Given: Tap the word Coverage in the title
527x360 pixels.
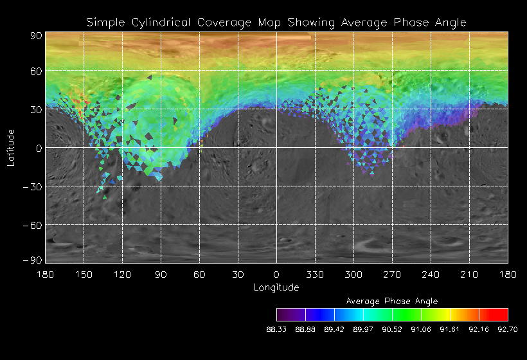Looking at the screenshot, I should pos(223,22).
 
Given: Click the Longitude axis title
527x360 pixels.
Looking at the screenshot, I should pos(276,287).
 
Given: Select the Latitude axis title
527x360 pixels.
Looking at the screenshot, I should pos(11,147).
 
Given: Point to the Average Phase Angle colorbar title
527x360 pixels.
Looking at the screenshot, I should pos(392,301).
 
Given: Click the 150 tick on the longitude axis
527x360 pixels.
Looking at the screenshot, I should pos(84,274).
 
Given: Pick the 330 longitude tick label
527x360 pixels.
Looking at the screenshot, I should pos(315,274).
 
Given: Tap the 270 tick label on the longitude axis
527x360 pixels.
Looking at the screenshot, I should pos(392,274).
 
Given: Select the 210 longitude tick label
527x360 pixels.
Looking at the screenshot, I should pos(469,274).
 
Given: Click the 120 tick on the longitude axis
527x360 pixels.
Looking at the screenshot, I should pos(122,274).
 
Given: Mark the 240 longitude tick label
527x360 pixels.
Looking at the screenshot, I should pos(431,274).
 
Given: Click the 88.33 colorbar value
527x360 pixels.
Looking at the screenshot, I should pos(276,329).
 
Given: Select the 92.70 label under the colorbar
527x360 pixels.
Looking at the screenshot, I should pos(508,329).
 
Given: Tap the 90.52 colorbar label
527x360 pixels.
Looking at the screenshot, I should pos(392,329).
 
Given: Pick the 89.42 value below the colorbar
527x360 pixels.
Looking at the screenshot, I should pos(334,329).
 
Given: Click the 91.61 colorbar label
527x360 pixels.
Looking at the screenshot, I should pos(450,329).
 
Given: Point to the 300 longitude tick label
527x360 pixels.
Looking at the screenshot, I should pos(353,274).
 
